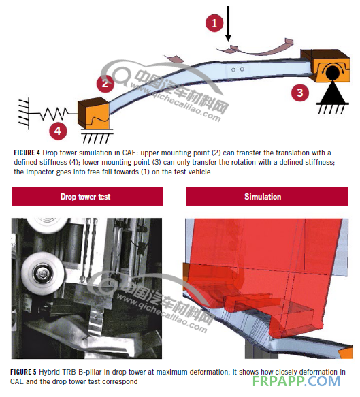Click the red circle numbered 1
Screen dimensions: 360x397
tap(214, 23)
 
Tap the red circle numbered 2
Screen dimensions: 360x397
tap(105, 83)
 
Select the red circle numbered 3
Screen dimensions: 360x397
tap(300, 93)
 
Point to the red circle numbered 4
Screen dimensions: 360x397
tap(58, 131)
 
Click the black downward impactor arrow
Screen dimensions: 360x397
tap(228, 23)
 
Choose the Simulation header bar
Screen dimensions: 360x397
tap(267, 197)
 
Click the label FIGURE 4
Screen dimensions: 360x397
tap(27, 153)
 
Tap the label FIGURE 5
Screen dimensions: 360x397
tap(24, 372)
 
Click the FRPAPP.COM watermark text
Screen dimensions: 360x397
tap(296, 381)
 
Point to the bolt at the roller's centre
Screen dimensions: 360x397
tap(42, 273)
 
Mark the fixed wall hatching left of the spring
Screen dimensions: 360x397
tap(24, 114)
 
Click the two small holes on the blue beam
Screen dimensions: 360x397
tap(238, 69)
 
